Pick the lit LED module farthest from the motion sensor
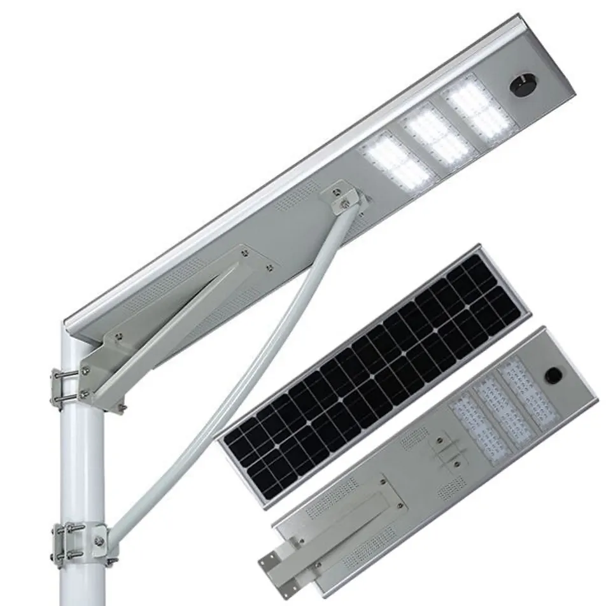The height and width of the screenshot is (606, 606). click(396, 162)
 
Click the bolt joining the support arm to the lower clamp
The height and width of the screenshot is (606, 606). click(99, 541)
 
